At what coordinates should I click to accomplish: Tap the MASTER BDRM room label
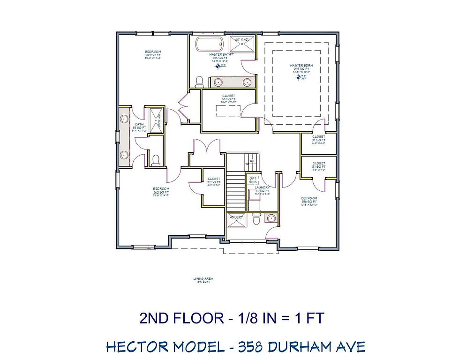coord(300,66)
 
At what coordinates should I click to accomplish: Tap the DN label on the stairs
coord(252,161)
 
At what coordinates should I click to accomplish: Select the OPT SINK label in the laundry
coord(254,180)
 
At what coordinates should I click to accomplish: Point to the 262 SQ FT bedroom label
coord(160,192)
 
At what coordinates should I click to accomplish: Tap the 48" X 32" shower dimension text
coord(235,217)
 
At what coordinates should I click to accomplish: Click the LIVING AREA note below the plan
coord(203,280)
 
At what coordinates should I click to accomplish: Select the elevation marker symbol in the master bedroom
coord(298,76)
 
